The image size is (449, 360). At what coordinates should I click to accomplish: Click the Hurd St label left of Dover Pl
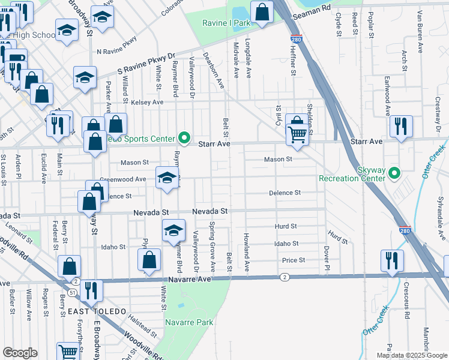click(x=286, y=226)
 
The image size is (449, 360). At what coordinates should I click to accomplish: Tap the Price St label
click(x=294, y=260)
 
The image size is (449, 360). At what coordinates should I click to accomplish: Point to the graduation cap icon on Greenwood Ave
click(x=167, y=177)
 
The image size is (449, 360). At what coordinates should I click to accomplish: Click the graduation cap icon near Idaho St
click(x=173, y=230)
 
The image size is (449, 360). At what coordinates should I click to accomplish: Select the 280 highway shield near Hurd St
click(x=405, y=230)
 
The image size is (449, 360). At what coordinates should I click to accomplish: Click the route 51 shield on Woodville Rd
click(x=71, y=292)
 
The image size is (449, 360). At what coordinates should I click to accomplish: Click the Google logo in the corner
click(x=20, y=353)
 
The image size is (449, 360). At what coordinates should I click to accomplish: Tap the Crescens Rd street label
click(x=406, y=301)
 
